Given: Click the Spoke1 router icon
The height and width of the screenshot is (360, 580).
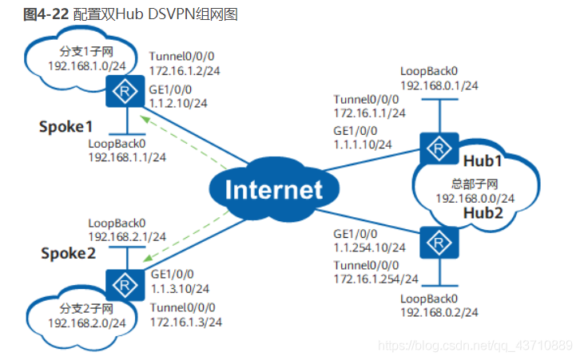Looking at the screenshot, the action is tap(125, 91).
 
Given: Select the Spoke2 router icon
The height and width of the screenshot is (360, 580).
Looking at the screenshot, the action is tap(125, 285).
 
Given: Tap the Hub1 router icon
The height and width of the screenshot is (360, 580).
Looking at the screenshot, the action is tap(439, 148).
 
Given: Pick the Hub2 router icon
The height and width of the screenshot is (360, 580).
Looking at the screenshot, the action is tap(439, 243).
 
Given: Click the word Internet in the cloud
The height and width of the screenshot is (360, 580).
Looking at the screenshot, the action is tap(274, 190).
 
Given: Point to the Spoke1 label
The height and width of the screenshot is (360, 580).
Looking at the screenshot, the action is tap(66, 127).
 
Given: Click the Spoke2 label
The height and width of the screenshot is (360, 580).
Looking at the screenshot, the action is tap(68, 254).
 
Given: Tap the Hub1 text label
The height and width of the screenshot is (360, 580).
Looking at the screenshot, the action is tap(483, 161).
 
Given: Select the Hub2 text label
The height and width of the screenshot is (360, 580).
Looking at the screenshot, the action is tap(483, 213).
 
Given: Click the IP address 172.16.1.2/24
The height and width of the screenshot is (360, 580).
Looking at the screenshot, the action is tap(185, 70).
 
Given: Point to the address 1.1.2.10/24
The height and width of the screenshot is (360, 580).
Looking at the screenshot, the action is tap(178, 103).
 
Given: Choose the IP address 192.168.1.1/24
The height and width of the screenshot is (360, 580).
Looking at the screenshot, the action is tap(127, 157).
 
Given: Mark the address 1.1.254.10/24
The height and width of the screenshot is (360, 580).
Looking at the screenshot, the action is tap(370, 247).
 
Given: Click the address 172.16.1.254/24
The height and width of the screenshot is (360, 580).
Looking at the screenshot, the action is tap(375, 279).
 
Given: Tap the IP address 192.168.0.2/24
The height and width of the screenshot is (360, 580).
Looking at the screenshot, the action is tap(439, 313).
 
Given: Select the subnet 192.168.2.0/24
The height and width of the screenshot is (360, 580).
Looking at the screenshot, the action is tap(87, 323).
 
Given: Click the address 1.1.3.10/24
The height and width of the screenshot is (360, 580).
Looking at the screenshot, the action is tap(180, 289).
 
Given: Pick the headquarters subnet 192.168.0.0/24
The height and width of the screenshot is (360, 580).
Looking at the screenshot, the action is tap(475, 199).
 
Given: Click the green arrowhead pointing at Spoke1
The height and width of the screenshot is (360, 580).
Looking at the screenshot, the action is tap(145, 120).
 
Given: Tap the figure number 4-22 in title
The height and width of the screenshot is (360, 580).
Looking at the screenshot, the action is tap(53, 14).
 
